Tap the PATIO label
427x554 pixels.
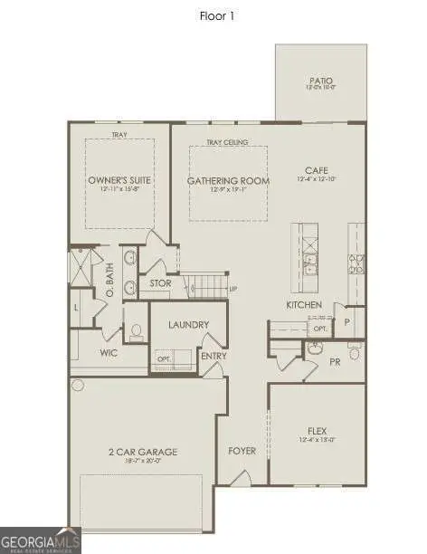tap(320, 81)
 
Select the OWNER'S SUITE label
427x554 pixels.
tap(119, 180)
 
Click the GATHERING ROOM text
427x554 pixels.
tap(228, 180)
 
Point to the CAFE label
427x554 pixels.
tap(316, 169)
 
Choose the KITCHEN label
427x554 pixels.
tap(304, 305)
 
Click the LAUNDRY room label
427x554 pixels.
tap(188, 324)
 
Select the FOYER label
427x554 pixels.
tap(242, 450)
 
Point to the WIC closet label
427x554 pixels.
tap(109, 352)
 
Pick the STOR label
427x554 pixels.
tap(160, 283)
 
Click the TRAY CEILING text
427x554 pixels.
tap(226, 142)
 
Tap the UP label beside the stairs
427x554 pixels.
tap(233, 290)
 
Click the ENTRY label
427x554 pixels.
tap(214, 356)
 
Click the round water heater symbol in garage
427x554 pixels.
tap(78, 385)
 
